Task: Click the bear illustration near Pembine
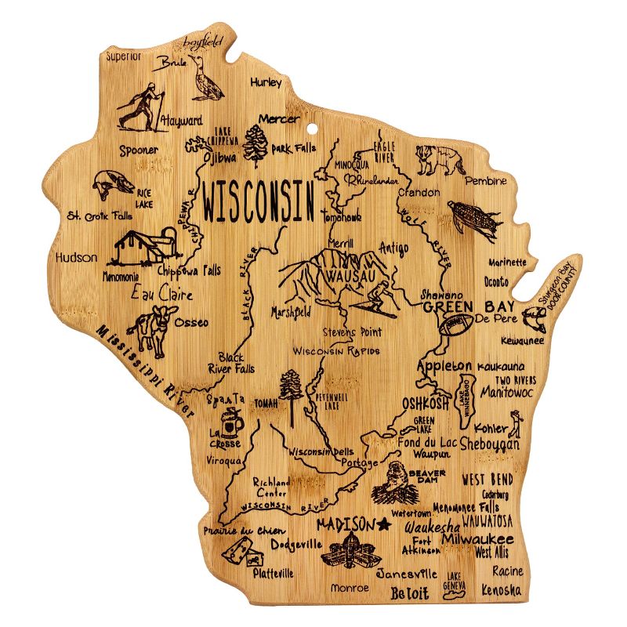pos(440,161)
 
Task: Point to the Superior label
pos(124,56)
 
